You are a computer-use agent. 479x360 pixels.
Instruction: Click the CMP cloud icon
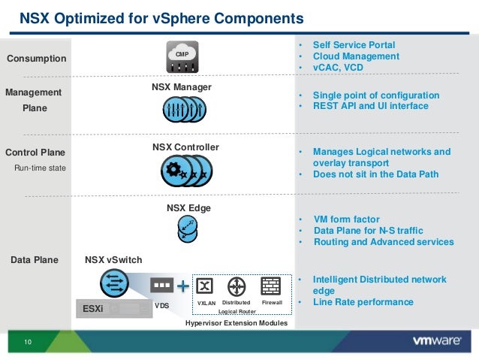(x=181, y=58)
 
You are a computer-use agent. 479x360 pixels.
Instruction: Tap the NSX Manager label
(x=182, y=87)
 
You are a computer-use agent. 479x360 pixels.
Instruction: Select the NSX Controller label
(x=185, y=147)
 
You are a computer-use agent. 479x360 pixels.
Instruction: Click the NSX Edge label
(x=188, y=207)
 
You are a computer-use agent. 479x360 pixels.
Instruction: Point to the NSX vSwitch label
(x=113, y=260)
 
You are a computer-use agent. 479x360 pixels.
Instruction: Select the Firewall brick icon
(x=270, y=286)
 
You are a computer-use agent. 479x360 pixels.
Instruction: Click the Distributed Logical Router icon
(x=237, y=286)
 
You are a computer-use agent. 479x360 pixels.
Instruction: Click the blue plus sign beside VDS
(x=183, y=286)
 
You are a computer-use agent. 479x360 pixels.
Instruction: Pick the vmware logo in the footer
(x=435, y=340)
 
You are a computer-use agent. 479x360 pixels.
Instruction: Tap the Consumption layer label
(x=36, y=59)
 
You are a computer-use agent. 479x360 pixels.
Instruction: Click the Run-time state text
(x=41, y=168)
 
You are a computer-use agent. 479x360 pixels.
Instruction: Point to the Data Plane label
(x=34, y=260)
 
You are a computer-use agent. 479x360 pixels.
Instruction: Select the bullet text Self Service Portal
(x=354, y=45)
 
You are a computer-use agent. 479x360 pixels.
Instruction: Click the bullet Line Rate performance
(x=363, y=302)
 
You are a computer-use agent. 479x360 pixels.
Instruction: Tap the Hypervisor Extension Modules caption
(x=236, y=322)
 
